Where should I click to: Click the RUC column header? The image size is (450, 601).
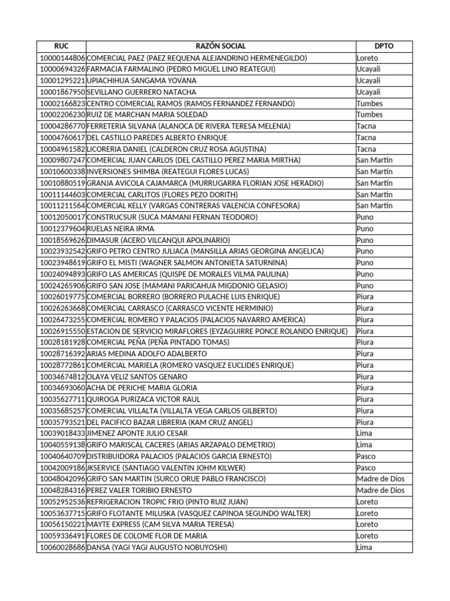[x=62, y=46]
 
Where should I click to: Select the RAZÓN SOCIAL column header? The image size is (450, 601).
[x=221, y=46]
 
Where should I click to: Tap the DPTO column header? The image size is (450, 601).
[x=384, y=46]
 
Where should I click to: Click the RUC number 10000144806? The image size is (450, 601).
[x=62, y=58]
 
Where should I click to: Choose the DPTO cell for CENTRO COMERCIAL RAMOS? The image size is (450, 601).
[x=369, y=103]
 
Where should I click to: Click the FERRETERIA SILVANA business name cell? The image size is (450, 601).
[x=188, y=126]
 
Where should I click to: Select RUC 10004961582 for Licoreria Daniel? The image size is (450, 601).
[x=62, y=149]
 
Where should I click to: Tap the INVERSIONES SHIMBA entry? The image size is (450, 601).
[x=168, y=172]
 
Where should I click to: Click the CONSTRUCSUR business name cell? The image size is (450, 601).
[x=172, y=217]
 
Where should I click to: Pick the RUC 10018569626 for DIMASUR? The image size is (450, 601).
[x=62, y=240]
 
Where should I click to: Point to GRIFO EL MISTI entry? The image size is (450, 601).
[x=187, y=263]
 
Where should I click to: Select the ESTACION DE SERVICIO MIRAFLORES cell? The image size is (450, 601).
[x=217, y=331]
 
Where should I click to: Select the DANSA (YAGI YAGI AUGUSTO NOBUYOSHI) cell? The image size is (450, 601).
[x=156, y=548]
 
